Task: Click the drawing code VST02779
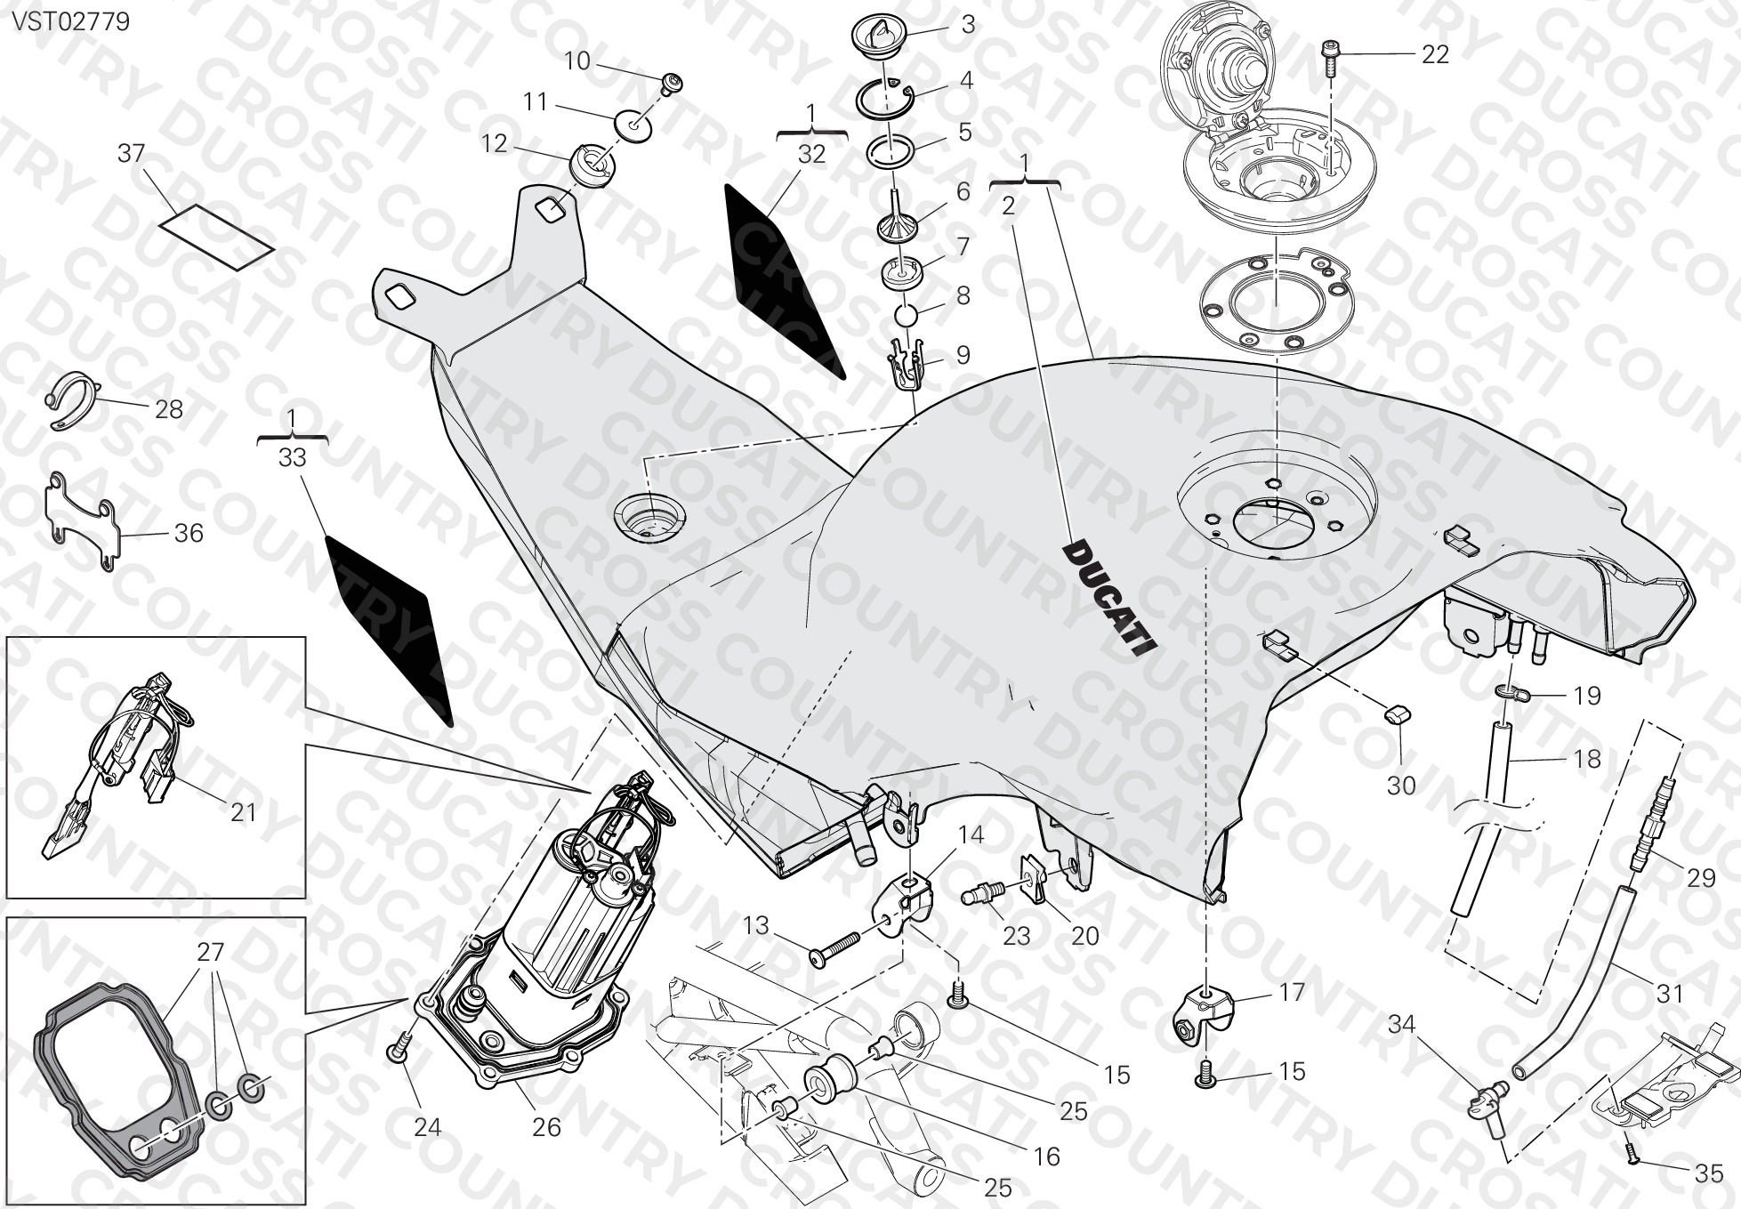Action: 70,21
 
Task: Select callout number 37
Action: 131,154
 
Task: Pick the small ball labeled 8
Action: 906,316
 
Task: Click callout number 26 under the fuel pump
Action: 546,1127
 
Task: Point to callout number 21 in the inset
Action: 243,812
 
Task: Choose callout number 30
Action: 1401,786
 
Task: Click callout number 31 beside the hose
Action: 1669,994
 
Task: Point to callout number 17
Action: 1291,992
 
